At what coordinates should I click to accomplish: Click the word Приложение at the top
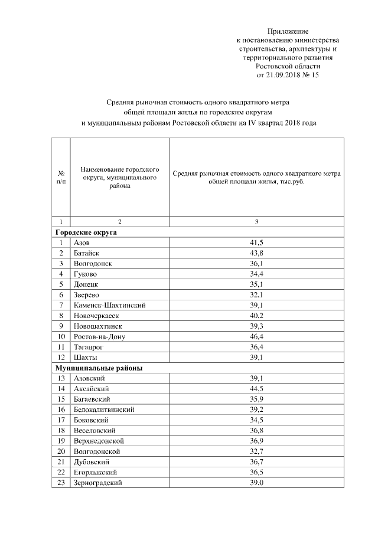click(x=288, y=31)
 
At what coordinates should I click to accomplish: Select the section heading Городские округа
click(x=82, y=232)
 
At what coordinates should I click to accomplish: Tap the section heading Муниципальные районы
click(x=94, y=368)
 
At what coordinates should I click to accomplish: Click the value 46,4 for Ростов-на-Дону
click(x=256, y=336)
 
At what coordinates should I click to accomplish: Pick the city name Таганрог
click(x=89, y=347)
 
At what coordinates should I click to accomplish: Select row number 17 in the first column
click(x=61, y=420)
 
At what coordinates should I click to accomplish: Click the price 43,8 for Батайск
click(x=256, y=253)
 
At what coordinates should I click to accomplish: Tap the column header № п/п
click(x=61, y=178)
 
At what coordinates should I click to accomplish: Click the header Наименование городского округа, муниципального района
click(x=119, y=177)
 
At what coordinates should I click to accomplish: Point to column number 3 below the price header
click(x=256, y=222)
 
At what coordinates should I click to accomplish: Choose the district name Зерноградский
click(x=98, y=482)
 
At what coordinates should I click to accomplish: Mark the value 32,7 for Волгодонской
click(x=256, y=451)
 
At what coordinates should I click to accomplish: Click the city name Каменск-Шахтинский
click(x=110, y=305)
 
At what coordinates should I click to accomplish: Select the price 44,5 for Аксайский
click(x=256, y=388)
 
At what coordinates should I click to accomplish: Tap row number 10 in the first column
click(x=61, y=336)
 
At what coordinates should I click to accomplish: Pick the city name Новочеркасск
click(x=97, y=316)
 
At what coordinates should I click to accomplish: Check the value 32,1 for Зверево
click(x=256, y=294)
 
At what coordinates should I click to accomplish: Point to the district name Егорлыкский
click(x=95, y=472)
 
